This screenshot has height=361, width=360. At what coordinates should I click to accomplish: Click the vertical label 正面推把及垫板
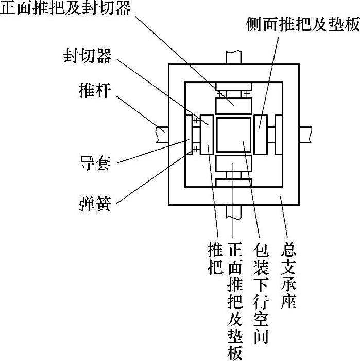[234, 301]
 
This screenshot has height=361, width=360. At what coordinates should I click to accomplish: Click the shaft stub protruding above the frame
[234, 57]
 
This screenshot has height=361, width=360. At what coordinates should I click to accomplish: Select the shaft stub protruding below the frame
[234, 212]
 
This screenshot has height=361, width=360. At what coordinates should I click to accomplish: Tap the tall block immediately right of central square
[261, 135]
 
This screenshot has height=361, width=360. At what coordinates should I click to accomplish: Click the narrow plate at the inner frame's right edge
[279, 135]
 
